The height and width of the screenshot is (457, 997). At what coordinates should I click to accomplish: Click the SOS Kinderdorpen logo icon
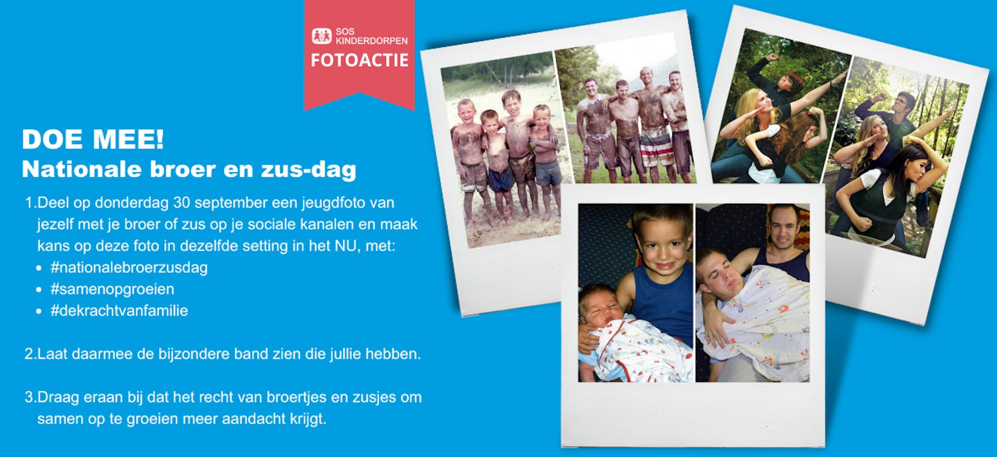pos(321,36)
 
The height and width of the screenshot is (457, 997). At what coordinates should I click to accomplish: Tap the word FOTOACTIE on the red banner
pos(360,60)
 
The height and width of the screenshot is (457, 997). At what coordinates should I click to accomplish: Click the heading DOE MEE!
pos(93,139)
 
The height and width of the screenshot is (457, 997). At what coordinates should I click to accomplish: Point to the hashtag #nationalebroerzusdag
pos(129,267)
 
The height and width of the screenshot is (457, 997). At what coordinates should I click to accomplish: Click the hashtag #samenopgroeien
pos(112,289)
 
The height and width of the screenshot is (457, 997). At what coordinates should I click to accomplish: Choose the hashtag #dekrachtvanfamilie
pos(119,311)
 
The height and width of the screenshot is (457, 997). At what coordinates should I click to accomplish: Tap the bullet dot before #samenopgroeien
pos(39,289)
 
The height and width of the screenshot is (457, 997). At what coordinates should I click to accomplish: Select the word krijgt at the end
pos(308,419)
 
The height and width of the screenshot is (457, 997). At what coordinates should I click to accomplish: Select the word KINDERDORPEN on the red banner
pos(372,41)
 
